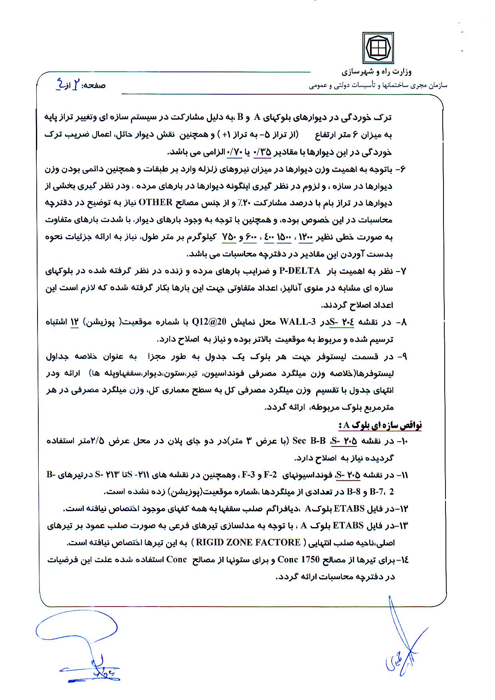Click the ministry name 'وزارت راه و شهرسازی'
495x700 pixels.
pyautogui.click(x=376, y=72)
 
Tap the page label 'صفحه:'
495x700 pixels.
pyautogui.click(x=93, y=85)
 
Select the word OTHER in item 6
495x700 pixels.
pyautogui.click(x=155, y=202)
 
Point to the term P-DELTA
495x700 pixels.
pyautogui.click(x=300, y=271)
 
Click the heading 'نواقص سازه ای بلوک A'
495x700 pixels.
pyautogui.click(x=380, y=425)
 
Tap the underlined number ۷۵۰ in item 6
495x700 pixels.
pyautogui.click(x=229, y=237)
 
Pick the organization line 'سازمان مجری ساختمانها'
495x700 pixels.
pyautogui.click(x=378, y=85)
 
